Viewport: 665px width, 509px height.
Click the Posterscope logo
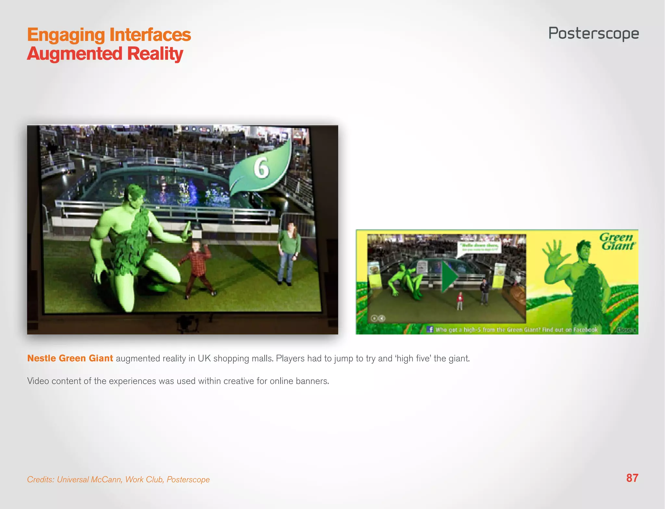(594, 33)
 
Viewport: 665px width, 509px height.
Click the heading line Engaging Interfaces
(109, 35)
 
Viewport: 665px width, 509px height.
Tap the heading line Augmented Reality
(105, 54)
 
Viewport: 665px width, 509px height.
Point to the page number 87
(632, 478)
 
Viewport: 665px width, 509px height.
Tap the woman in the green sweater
(289, 250)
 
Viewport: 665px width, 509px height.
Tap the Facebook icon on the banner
(430, 329)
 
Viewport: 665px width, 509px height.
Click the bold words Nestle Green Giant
(70, 358)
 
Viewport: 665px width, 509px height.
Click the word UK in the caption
(204, 358)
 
